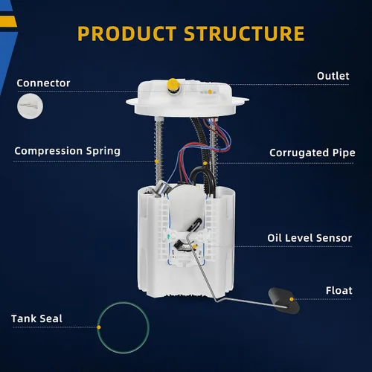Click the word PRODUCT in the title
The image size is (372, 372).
[127, 33]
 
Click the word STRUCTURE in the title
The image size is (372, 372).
[244, 33]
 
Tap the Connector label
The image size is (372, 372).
[43, 83]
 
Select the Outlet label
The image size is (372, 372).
[333, 76]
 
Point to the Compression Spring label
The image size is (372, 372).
[68, 151]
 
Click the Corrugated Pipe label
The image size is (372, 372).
[312, 153]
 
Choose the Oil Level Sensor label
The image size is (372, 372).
[310, 238]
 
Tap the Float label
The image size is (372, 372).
[339, 290]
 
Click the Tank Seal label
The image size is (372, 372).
[36, 318]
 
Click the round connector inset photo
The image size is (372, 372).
[30, 106]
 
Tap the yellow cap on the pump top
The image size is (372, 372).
[173, 84]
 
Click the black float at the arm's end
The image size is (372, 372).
[284, 301]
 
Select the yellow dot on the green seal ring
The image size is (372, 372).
[99, 327]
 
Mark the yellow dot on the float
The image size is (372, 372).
[292, 299]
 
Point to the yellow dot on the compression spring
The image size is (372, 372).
[157, 161]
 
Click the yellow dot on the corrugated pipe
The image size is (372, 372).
[205, 164]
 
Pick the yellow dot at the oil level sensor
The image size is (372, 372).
[195, 246]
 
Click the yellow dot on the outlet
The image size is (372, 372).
[210, 92]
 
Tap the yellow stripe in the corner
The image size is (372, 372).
[8, 22]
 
